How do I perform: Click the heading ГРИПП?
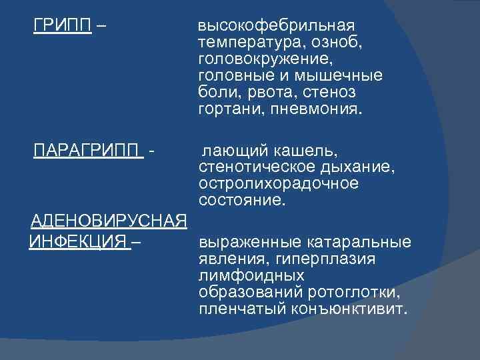click(x=63, y=27)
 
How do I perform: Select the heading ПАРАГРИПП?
click(x=89, y=147)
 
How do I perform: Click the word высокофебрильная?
click(x=277, y=27)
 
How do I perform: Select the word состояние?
click(x=241, y=199)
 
